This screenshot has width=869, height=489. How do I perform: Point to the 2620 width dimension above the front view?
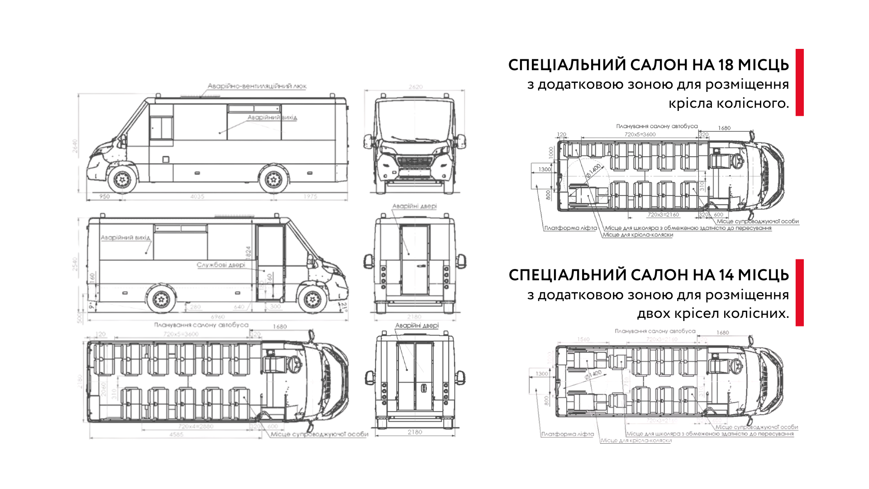click(415, 86)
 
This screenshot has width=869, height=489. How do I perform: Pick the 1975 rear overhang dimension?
click(310, 197)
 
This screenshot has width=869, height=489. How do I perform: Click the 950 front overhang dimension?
click(105, 197)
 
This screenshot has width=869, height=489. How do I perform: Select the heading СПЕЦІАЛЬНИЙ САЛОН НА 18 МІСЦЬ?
click(649, 65)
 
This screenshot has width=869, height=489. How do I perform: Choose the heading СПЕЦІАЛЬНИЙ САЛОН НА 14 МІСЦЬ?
click(649, 275)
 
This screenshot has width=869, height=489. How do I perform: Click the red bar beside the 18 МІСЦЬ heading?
click(799, 82)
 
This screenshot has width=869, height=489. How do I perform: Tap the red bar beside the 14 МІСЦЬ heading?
click(799, 292)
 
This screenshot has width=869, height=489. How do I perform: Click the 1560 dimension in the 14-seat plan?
click(584, 339)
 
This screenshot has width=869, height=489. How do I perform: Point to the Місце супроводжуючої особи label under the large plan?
click(320, 434)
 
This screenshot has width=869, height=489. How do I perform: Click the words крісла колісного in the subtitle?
click(729, 104)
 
